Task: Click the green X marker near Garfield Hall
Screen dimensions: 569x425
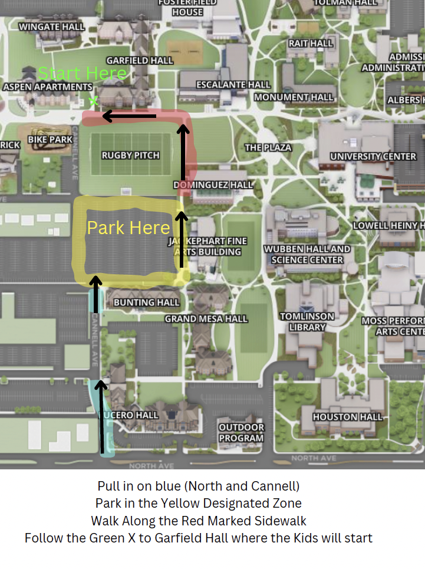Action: click(93, 101)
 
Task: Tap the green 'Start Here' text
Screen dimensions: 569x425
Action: click(82, 74)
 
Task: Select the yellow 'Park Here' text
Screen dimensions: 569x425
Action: click(129, 228)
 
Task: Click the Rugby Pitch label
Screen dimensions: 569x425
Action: click(130, 155)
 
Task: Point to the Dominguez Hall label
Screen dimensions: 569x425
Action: click(213, 185)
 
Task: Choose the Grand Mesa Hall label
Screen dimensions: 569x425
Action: click(206, 319)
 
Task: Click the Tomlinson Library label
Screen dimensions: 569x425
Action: click(307, 321)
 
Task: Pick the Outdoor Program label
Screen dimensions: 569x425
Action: click(242, 432)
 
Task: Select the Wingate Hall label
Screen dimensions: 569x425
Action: click(52, 27)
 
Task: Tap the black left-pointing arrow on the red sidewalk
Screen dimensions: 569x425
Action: click(130, 116)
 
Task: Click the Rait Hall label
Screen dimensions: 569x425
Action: click(311, 44)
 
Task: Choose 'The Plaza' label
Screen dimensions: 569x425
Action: click(268, 147)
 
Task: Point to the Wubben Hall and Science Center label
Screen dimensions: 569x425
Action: click(307, 254)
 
